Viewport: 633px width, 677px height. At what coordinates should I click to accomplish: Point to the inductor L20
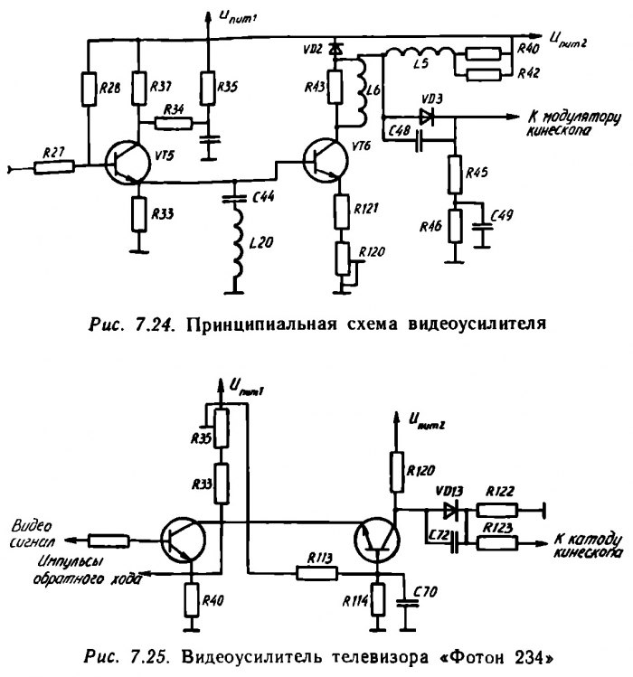[235, 248]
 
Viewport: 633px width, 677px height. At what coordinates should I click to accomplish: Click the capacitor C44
[235, 195]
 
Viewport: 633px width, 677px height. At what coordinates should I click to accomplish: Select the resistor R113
[317, 571]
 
